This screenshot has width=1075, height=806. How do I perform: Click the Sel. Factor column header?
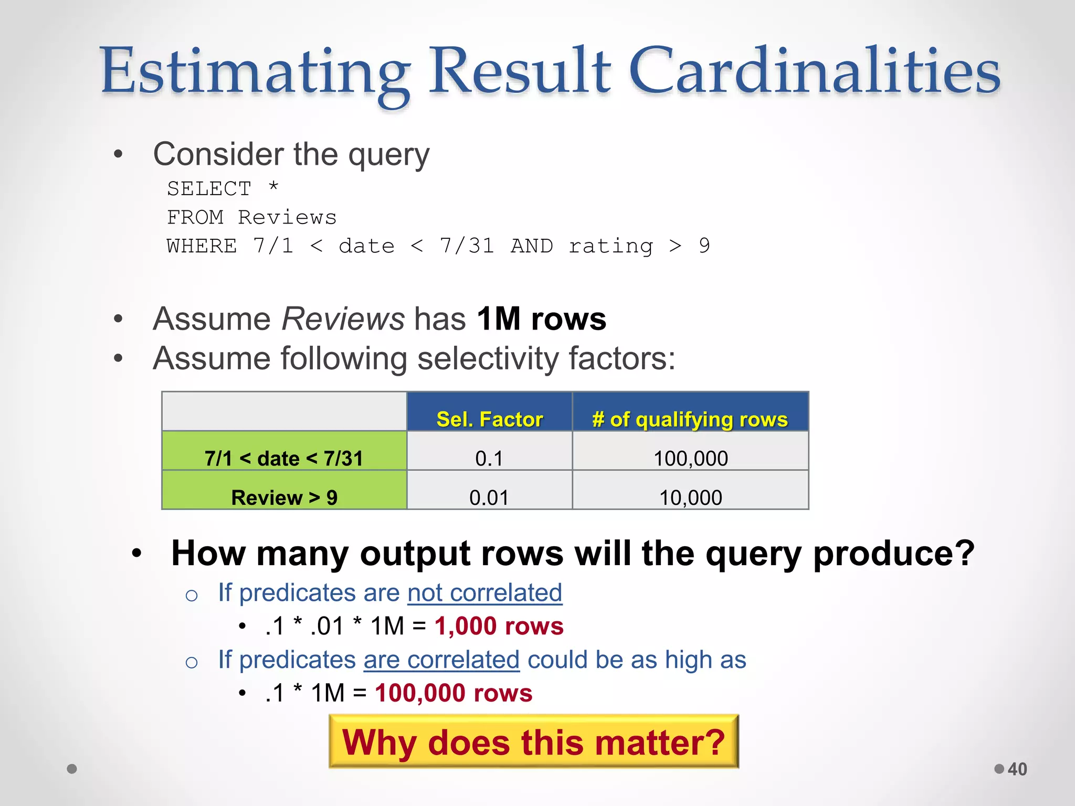pyautogui.click(x=489, y=419)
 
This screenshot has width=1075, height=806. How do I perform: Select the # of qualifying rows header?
pyautogui.click(x=690, y=419)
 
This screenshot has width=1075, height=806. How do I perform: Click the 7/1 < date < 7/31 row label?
pyautogui.click(x=283, y=458)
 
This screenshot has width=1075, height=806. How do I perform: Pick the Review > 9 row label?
pyautogui.click(x=284, y=497)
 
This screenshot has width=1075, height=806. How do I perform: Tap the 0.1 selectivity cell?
pyautogui.click(x=489, y=458)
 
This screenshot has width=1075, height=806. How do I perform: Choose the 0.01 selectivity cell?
pyautogui.click(x=489, y=497)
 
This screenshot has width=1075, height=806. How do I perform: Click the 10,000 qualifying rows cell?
pyautogui.click(x=690, y=497)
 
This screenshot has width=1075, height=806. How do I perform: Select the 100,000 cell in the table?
pyautogui.click(x=690, y=458)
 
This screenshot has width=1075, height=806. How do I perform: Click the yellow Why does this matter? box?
pyautogui.click(x=533, y=742)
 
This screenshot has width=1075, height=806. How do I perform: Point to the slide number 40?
pyautogui.click(x=1017, y=769)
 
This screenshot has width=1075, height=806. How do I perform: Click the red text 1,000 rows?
pyautogui.click(x=499, y=625)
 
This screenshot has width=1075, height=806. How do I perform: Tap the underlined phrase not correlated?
pyautogui.click(x=484, y=592)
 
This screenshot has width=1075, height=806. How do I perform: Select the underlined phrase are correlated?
pyautogui.click(x=441, y=660)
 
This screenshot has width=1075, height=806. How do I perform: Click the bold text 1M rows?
pyautogui.click(x=541, y=319)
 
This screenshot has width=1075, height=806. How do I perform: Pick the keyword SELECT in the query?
pyautogui.click(x=209, y=188)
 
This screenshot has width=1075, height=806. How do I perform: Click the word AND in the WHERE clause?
pyautogui.click(x=531, y=246)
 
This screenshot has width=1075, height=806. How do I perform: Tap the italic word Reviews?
pyautogui.click(x=343, y=319)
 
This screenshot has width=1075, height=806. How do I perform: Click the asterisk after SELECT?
pyautogui.click(x=273, y=186)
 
